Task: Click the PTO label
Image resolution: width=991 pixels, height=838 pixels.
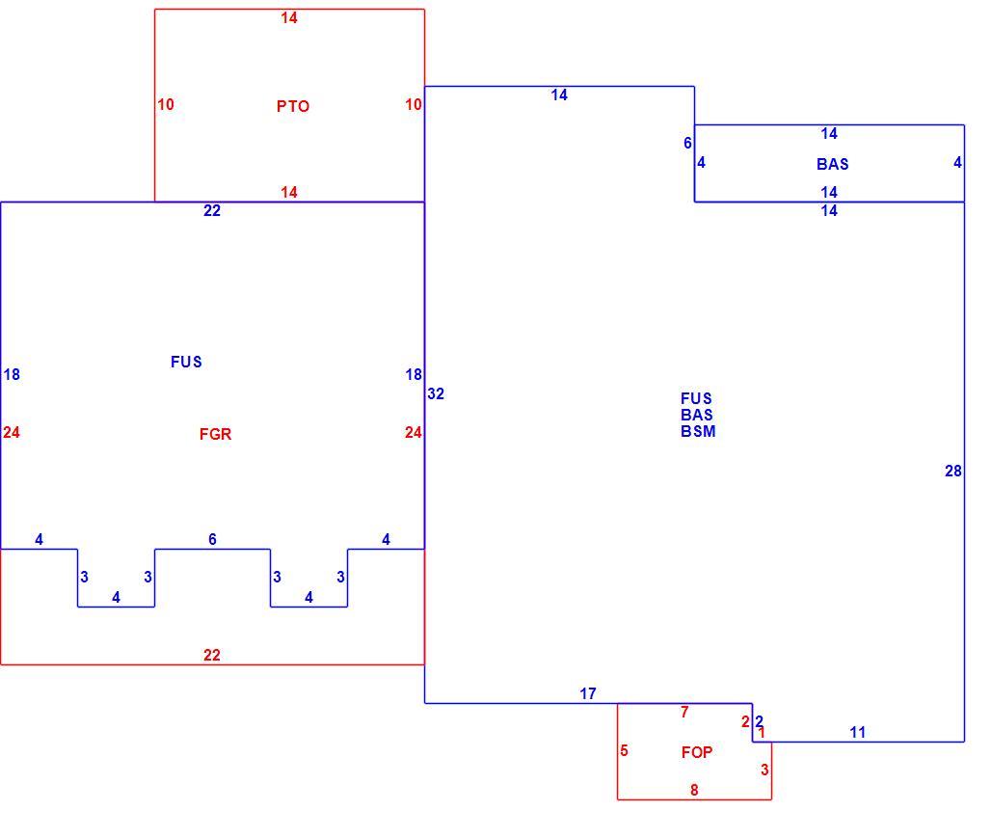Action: pos(293,106)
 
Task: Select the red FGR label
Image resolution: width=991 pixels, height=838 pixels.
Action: pos(216,434)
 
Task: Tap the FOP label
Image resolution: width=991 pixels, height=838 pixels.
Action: pos(697,752)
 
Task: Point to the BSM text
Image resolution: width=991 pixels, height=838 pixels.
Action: pos(698,431)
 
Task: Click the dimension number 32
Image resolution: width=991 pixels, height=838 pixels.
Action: pos(436,394)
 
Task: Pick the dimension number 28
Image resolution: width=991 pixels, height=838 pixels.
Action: pos(953,471)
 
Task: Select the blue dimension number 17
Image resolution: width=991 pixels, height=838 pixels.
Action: pos(588,693)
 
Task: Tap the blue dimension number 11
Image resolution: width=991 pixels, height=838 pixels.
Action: pos(858,732)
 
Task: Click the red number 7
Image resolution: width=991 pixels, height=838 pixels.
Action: pos(684,712)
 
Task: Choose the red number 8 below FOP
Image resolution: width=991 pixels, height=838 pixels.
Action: pos(694,790)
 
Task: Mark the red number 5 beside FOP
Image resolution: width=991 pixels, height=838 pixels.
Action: pos(624,750)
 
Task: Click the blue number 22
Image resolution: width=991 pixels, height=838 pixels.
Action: pos(212,210)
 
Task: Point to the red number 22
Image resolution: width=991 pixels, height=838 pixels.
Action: pos(212,655)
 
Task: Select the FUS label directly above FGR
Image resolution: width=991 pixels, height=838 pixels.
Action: pos(186,362)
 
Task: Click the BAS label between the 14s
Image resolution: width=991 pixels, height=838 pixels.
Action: pos(832,165)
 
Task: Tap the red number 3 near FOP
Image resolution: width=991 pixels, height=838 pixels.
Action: pos(764,770)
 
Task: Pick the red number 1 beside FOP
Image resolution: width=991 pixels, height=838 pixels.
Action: pos(763,733)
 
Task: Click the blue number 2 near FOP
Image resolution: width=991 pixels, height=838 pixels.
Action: pos(759,721)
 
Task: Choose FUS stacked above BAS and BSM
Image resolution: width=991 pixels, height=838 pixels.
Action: pos(696,398)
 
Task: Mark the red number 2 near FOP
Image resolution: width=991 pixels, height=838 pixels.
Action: pos(745,721)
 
